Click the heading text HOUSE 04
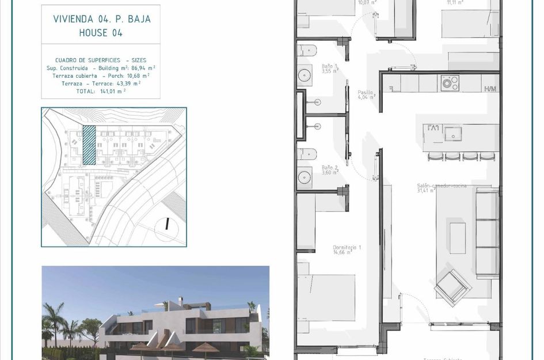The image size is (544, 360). (x=101, y=33)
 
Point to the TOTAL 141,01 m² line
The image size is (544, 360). (x=101, y=90)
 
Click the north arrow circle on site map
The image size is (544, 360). (x=167, y=224)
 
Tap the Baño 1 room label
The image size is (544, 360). (x=330, y=69)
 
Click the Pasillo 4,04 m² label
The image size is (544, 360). (x=366, y=94)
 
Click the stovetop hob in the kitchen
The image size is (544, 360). (x=449, y=84)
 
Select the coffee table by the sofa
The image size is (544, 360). (x=458, y=238)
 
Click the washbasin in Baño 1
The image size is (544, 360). (x=303, y=75)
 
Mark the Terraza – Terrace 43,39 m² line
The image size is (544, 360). (x=101, y=83)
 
